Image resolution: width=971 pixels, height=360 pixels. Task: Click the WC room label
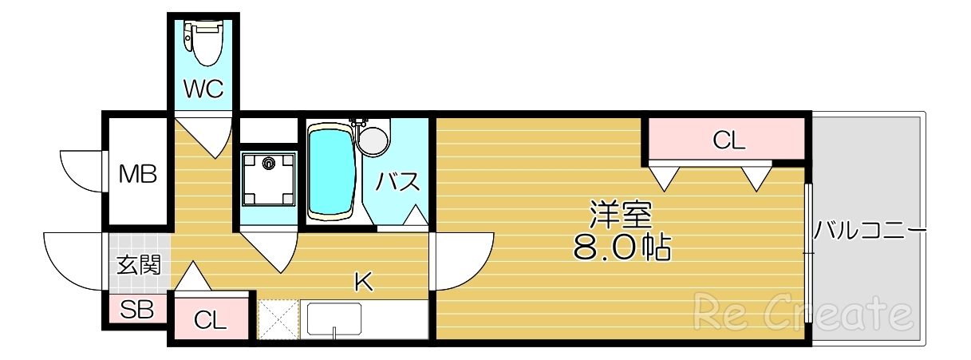click(203, 89)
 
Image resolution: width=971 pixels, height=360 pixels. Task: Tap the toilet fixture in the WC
click(204, 43)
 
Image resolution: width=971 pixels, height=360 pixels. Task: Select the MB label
click(138, 173)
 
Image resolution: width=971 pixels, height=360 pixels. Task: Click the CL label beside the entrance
click(211, 322)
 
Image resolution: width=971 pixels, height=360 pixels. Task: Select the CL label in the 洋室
click(728, 141)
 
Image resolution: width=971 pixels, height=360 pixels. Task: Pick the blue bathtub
click(332, 171)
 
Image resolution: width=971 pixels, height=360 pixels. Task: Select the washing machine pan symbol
click(267, 177)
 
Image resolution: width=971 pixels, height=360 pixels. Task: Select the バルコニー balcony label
click(869, 232)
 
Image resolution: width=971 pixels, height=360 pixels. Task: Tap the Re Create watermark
click(801, 312)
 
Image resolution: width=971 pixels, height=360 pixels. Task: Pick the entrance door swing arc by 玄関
click(72, 259)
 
